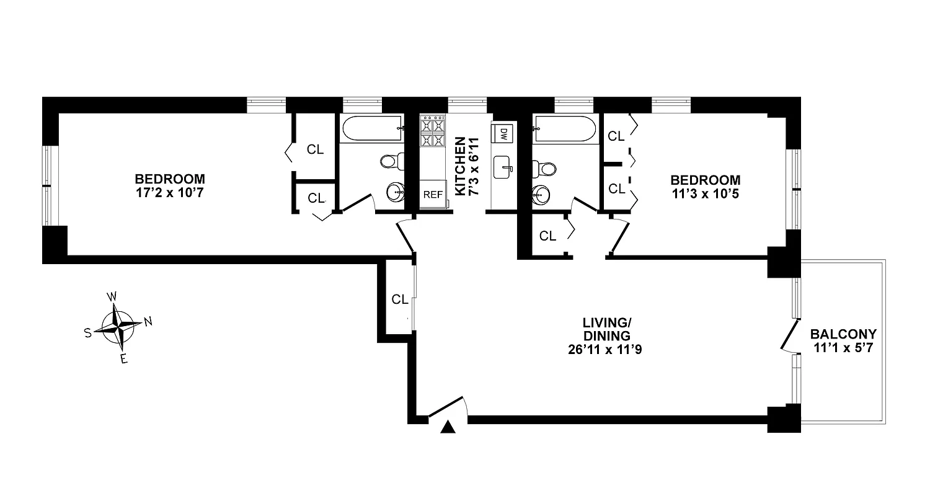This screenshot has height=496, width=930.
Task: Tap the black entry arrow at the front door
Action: tap(448, 427)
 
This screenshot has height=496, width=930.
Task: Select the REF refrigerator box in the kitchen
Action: tap(433, 194)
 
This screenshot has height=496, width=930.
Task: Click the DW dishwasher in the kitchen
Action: tap(503, 133)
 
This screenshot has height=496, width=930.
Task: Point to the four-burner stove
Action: tap(433, 131)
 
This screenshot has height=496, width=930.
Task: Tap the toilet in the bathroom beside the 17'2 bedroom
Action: tap(389, 162)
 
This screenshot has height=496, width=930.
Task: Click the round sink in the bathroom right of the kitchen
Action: tap(541, 195)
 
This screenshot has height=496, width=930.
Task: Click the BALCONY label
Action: tap(843, 334)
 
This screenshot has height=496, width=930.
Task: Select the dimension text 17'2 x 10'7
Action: tap(169, 193)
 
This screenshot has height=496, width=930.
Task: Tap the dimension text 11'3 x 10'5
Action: tap(705, 193)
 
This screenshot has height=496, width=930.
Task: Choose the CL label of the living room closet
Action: tap(400, 299)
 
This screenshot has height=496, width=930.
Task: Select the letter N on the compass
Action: tap(148, 321)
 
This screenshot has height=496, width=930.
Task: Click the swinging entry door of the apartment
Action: tap(448, 408)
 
